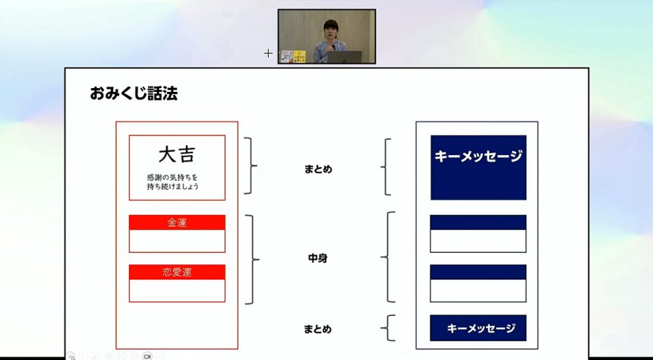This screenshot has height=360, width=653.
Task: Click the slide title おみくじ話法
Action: pos(134,93)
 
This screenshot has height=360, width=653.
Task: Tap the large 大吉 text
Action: pos(177,155)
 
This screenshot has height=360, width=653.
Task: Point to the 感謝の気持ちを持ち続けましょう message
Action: pos(172,182)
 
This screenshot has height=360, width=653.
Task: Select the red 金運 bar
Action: pos(177,223)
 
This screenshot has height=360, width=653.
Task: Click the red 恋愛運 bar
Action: pos(177,272)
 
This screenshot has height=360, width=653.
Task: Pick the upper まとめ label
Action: pos(318,169)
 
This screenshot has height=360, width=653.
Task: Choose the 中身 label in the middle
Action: pos(317,258)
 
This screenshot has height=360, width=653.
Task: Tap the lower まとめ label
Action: pos(317,329)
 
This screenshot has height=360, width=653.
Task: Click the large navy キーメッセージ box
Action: pos(478,168)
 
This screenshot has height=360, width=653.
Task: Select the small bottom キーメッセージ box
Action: pos(478,328)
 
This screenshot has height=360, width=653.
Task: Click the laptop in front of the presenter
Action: pos(344,57)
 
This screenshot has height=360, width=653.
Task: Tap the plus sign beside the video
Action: pos(268,53)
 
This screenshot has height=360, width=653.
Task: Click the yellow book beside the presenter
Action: pos(299,57)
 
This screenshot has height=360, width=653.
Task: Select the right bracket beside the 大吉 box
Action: pos(251,166)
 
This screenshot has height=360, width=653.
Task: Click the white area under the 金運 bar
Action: pos(177,241)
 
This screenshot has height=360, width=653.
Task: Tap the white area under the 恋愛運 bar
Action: pos(177,290)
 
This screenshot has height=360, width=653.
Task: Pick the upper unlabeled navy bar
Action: pos(478,223)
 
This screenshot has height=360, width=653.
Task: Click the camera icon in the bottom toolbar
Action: pos(147,356)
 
